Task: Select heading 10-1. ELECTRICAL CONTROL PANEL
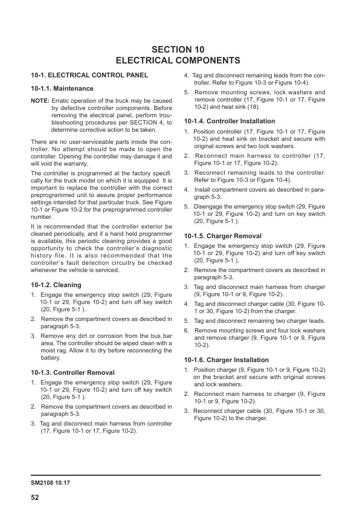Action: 89,76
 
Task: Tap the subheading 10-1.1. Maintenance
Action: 62,88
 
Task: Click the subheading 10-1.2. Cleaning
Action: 56,285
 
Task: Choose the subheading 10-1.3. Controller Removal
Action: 72,373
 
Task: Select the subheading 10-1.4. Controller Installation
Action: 230,121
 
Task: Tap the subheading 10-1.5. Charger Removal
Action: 223,236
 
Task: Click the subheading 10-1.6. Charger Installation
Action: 227,360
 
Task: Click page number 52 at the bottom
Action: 36,498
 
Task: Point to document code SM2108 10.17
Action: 51,484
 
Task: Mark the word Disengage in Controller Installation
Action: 211,207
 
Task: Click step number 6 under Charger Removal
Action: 187,331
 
